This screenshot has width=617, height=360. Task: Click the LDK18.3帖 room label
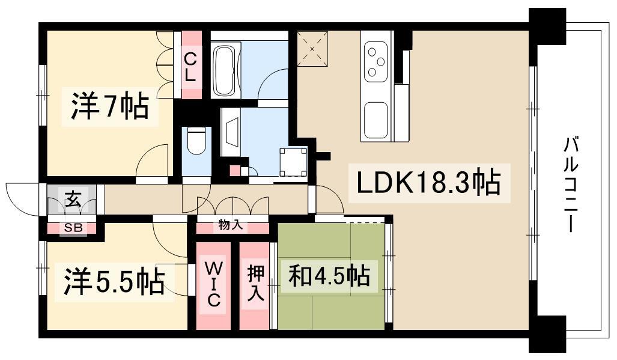428,183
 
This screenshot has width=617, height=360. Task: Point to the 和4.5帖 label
329,276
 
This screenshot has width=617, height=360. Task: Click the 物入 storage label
231,225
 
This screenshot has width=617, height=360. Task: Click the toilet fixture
196,142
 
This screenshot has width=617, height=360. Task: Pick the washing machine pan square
293,160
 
